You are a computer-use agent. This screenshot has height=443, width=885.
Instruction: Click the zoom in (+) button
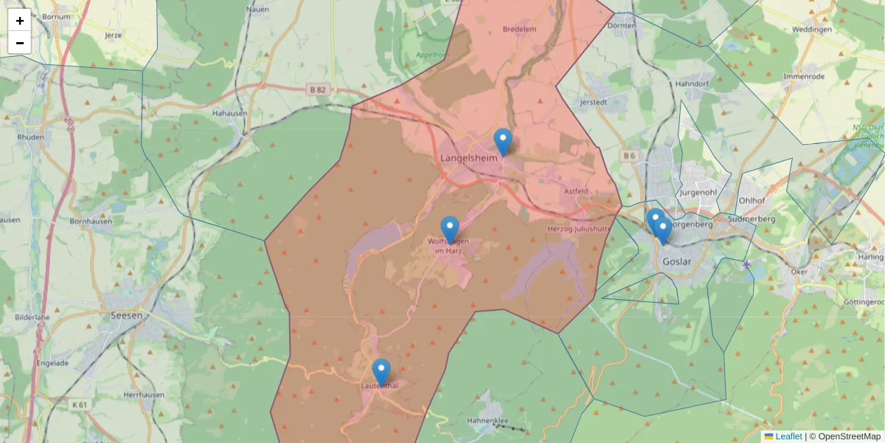point(20,21)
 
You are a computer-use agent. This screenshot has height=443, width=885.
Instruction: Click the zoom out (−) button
point(20,43)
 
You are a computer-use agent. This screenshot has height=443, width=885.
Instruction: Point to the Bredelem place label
point(519,30)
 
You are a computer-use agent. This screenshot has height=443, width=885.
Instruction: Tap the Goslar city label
point(677,262)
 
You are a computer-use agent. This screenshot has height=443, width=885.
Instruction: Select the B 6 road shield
point(628,156)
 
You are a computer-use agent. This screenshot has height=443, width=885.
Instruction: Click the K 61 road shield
point(80,405)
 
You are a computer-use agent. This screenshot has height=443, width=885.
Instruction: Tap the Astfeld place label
point(576,191)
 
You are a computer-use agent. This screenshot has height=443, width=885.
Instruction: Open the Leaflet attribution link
point(788,436)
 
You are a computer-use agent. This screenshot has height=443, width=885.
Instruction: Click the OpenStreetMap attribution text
point(850,436)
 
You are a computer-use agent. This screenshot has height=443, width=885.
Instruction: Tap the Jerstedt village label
point(594,102)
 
